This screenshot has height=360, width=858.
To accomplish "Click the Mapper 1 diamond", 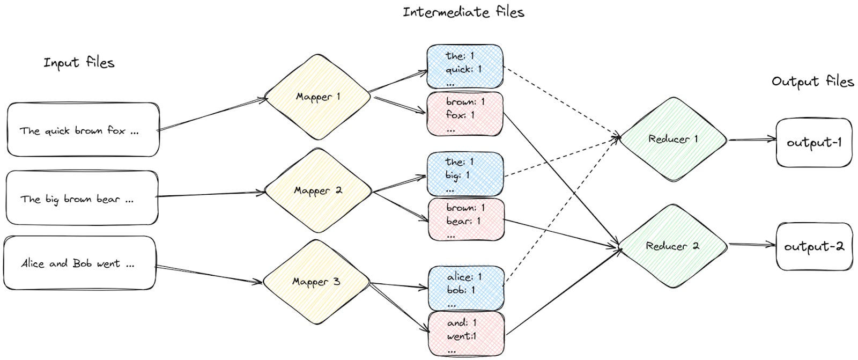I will [x=317, y=97].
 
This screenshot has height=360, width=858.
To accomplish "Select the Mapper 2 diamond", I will [x=317, y=191].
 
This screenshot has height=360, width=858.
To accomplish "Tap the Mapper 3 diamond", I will [x=316, y=282].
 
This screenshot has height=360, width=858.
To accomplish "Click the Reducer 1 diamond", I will [x=673, y=139].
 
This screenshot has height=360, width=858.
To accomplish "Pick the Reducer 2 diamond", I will [x=672, y=246].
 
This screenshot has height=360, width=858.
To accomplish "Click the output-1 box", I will [x=813, y=143].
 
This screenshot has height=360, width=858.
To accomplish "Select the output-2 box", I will [x=813, y=247].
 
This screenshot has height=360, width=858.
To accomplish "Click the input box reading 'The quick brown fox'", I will [x=83, y=130].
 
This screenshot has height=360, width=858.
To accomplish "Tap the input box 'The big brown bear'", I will [x=82, y=198].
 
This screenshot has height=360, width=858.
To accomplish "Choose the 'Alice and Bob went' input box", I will [x=79, y=263].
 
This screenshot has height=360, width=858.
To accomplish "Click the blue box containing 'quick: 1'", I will [x=465, y=68].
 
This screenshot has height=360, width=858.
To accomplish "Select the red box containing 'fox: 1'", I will [x=465, y=114].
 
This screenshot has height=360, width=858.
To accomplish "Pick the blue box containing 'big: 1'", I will [x=465, y=174].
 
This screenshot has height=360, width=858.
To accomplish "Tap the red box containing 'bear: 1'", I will [x=466, y=219].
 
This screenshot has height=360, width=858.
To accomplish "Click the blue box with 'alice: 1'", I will [x=466, y=288].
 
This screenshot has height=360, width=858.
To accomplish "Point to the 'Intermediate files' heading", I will [x=463, y=12].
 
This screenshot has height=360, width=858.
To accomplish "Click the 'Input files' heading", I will [x=79, y=63].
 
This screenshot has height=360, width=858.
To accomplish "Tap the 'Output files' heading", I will [x=812, y=82].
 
